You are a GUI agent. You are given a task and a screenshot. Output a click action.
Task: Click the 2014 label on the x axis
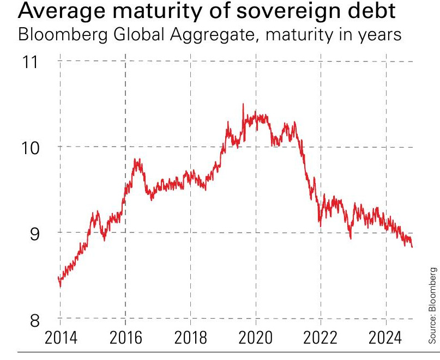(59, 339)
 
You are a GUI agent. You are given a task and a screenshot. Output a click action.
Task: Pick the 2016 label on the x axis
(125, 339)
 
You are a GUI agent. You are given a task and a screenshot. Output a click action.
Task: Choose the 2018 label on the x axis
(190, 339)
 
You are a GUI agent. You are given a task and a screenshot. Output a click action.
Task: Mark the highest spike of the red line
(243, 104)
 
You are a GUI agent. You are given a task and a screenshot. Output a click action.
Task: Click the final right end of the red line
(412, 247)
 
